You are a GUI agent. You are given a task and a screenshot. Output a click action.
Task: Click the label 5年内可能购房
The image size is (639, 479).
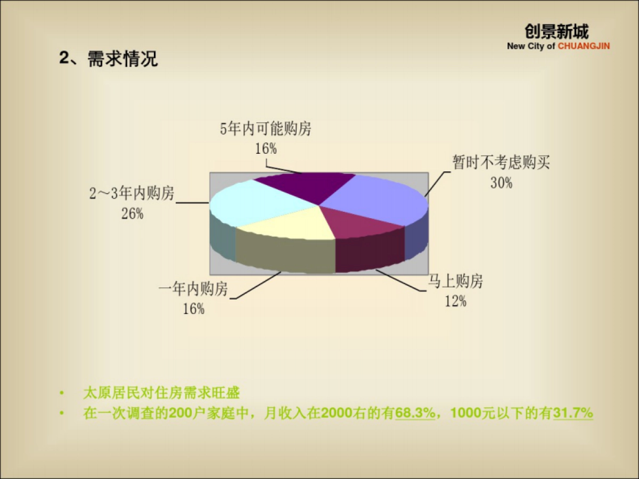[266, 129]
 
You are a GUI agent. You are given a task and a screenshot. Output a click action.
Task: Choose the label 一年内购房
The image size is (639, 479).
[193, 289]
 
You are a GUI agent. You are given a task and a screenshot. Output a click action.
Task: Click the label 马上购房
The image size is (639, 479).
[456, 282]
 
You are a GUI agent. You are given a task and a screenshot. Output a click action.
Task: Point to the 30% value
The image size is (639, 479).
[501, 183]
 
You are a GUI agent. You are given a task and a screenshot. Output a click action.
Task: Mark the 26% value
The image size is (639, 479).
[132, 214]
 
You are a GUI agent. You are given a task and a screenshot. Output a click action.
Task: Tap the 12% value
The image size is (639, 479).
[456, 302]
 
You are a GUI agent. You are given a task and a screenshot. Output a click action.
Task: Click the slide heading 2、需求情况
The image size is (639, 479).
[109, 59]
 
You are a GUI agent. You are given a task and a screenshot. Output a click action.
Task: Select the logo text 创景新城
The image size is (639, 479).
[556, 32]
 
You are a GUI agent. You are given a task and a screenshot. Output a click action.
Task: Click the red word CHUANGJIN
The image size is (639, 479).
[584, 46]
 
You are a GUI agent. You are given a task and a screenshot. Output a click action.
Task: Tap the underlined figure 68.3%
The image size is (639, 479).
[415, 414]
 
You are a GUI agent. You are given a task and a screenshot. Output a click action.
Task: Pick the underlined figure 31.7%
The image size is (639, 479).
[573, 414]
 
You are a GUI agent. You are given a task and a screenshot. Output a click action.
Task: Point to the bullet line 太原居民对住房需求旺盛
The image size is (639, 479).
[161, 394]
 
